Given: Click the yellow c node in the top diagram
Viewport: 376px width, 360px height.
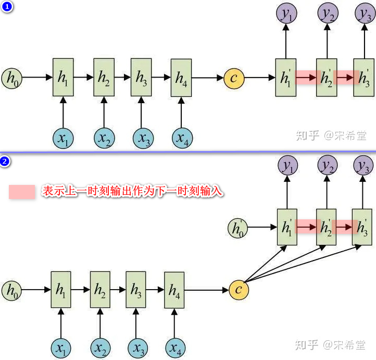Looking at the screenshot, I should tap(234, 78).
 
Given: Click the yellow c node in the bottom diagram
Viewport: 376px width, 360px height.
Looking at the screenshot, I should tap(239, 290).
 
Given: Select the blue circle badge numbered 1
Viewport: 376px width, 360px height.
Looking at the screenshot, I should tap(6, 7).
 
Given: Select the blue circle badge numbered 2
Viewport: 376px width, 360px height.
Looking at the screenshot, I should tap(6, 162).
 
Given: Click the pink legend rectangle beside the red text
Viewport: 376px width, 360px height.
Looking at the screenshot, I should tap(22, 192).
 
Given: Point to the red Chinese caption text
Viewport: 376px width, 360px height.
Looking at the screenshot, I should tap(133, 192).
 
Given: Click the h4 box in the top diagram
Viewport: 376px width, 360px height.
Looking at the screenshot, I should tap(181, 78).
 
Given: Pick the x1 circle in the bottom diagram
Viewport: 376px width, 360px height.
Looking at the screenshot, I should tap(61, 347).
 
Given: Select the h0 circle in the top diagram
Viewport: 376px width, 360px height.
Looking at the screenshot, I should tap(11, 78).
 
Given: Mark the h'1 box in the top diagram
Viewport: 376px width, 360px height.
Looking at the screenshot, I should tap(285, 78).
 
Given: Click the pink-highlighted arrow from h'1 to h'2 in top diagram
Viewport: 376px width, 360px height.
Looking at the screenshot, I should tap(307, 78).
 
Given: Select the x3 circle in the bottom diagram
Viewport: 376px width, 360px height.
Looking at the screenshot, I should tap(137, 347).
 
